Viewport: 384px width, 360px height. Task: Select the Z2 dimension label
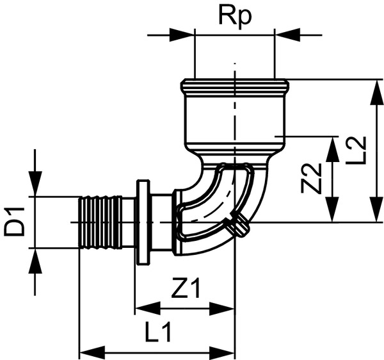click(311, 179)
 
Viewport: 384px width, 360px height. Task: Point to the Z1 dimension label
click(186, 290)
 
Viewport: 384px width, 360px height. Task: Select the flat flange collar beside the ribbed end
click(143, 222)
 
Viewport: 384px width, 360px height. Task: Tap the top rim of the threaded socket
click(235, 85)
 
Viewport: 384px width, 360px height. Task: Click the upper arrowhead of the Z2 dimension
click(333, 148)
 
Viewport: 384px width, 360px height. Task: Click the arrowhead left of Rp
click(183, 34)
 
